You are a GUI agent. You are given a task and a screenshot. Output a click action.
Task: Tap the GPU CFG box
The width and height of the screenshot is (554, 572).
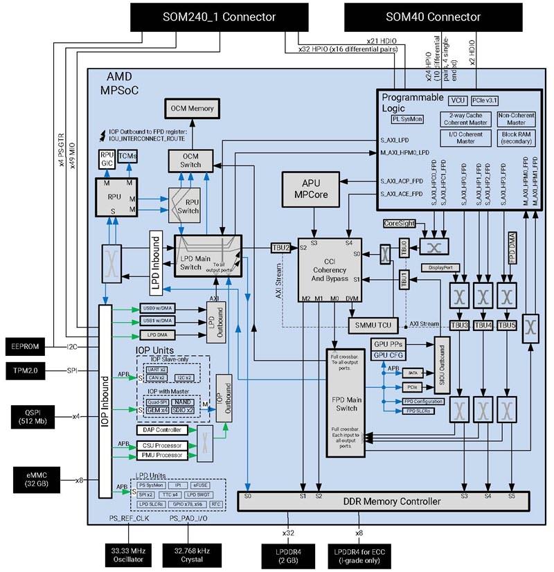[x=390, y=355]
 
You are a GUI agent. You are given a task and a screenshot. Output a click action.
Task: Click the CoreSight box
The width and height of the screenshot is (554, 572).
[x=402, y=224]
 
